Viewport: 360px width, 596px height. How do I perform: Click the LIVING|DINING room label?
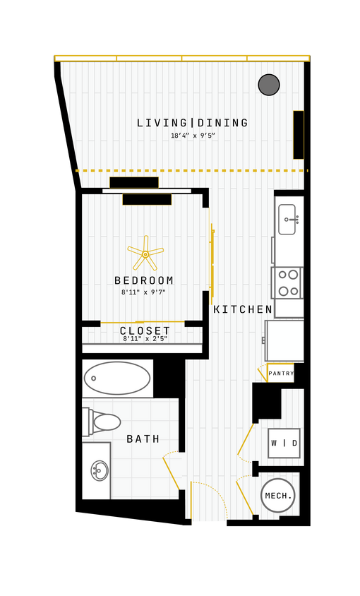(192, 123)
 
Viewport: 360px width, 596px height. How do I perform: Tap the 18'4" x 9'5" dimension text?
(192, 136)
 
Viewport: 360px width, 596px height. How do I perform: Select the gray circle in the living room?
(269, 85)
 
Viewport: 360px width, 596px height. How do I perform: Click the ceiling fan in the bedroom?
(145, 254)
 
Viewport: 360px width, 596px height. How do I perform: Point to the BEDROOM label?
(144, 280)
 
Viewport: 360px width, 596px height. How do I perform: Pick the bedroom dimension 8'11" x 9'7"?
(143, 292)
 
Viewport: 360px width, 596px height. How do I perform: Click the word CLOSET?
(145, 330)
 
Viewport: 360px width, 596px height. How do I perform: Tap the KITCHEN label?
(243, 309)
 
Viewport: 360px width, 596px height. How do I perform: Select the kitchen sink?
(287, 220)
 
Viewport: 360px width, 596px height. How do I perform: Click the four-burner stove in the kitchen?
(287, 282)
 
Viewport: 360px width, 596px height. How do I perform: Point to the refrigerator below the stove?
(284, 341)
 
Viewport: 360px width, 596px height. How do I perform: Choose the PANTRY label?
(281, 374)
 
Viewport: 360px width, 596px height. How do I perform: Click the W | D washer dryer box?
(284, 443)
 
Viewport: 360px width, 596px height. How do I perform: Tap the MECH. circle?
(278, 496)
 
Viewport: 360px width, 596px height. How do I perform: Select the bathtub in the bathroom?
(117, 378)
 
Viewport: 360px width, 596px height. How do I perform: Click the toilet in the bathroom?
(102, 422)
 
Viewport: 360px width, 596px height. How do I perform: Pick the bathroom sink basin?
(100, 470)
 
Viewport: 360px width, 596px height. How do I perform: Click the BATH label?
(143, 439)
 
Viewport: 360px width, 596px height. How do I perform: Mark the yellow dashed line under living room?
(191, 170)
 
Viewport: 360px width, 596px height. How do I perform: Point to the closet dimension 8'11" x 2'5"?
(145, 339)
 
